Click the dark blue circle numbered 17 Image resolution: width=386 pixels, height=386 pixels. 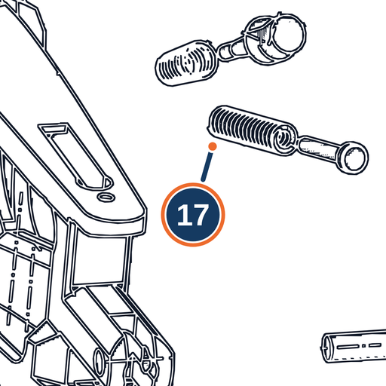pyautogui.click(x=193, y=215)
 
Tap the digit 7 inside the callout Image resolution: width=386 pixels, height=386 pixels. pyautogui.click(x=200, y=215)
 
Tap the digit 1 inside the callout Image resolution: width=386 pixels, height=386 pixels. pyautogui.click(x=183, y=215)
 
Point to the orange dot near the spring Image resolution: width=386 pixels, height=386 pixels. pyautogui.click(x=213, y=146)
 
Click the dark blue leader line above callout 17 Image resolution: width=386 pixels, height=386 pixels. pyautogui.click(x=207, y=167)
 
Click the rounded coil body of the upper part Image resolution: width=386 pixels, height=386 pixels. pyautogui.click(x=186, y=63)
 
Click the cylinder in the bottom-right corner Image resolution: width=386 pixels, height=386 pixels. pyautogui.click(x=354, y=346)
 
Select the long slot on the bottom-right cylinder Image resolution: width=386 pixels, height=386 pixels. pyautogui.click(x=347, y=347)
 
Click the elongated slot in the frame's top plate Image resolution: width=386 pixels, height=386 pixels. pyautogui.click(x=76, y=156)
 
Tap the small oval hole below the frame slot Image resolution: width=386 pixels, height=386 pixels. pyautogui.click(x=106, y=197)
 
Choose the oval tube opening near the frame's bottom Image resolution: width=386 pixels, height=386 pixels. pyautogui.click(x=99, y=360)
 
